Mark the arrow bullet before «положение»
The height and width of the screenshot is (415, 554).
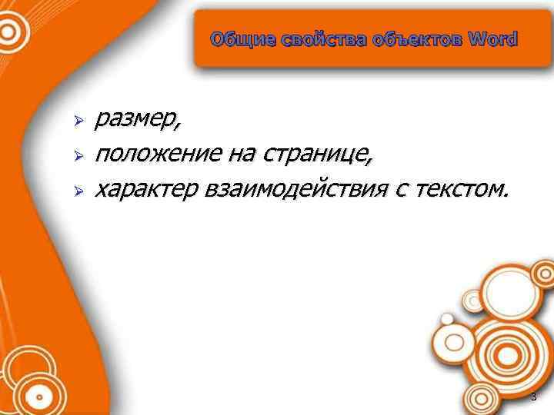coord(76,156)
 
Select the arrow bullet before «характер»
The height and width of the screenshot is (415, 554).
coord(76,189)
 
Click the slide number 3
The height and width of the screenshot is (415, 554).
coord(533,397)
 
